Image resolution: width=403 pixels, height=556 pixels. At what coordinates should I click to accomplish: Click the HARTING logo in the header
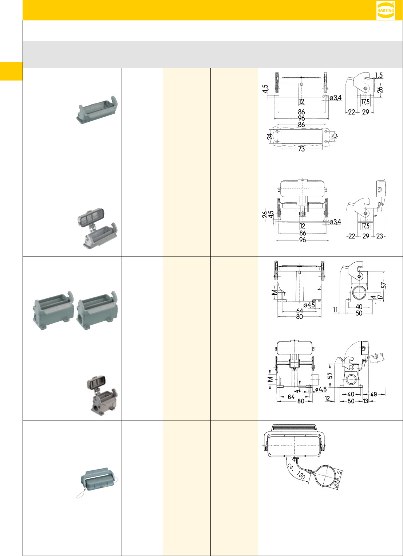pyautogui.click(x=386, y=11)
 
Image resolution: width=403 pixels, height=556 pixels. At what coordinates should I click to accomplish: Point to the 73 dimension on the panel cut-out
pyautogui.click(x=301, y=149)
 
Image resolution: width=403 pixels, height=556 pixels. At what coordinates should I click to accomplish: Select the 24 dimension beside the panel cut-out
pyautogui.click(x=270, y=137)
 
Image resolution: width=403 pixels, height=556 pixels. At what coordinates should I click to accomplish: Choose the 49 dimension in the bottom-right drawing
pyautogui.click(x=374, y=394)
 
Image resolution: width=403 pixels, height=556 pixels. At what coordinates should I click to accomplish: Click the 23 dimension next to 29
pyautogui.click(x=380, y=236)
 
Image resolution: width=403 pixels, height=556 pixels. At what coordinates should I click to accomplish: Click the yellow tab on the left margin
pyautogui.click(x=11, y=71)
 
